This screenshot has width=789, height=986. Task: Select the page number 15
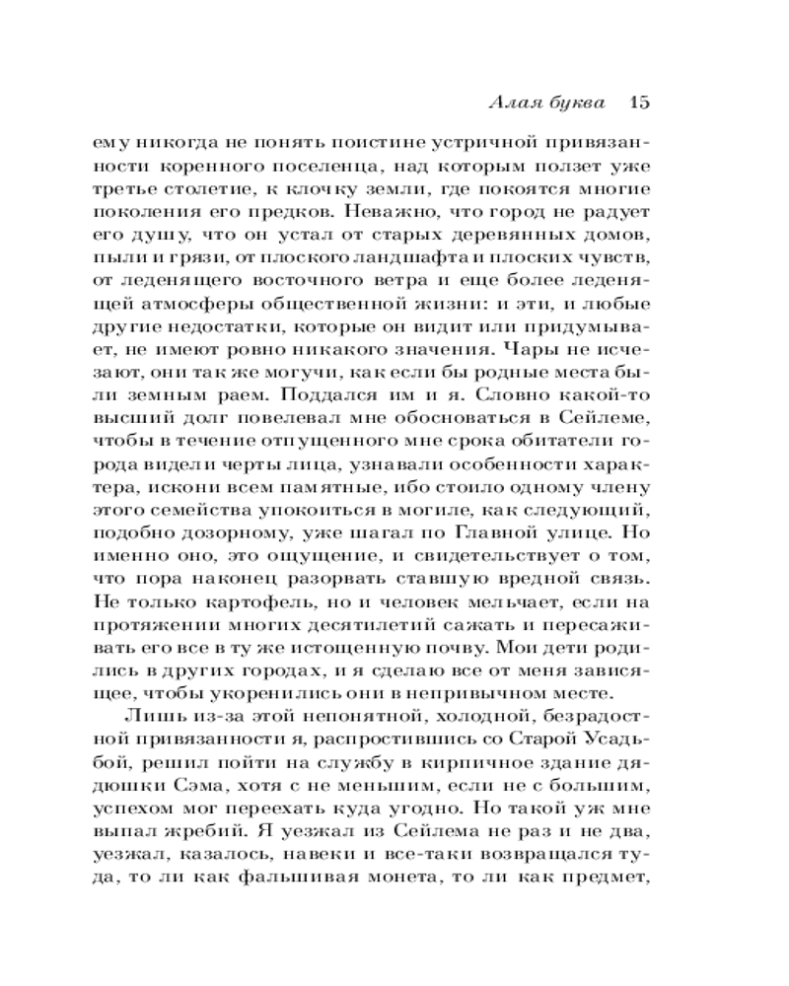pos(636,103)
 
